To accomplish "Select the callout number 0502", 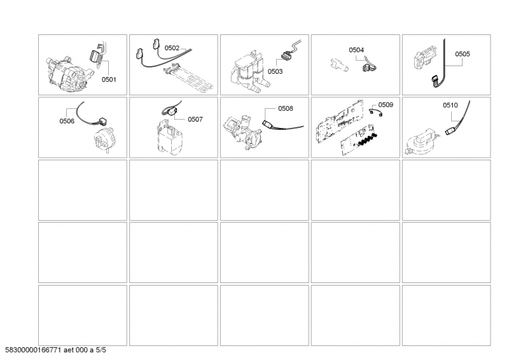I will (172, 48).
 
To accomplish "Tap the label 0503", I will (275, 72).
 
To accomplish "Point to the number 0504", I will (356, 49).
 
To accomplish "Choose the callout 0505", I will (463, 55).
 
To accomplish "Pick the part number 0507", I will (195, 118).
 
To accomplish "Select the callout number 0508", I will (286, 109).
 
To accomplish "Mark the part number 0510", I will (451, 104).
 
